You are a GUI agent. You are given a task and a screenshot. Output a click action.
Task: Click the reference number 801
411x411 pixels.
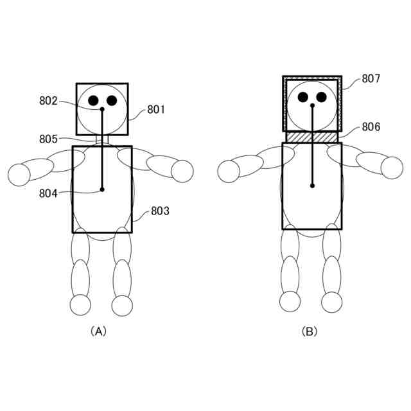[x=156, y=110]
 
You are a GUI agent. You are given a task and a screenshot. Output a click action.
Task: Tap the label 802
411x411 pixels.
[x=48, y=101]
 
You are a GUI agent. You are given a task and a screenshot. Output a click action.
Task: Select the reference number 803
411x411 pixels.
[x=160, y=211]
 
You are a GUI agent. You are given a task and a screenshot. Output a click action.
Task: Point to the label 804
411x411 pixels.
[x=48, y=192]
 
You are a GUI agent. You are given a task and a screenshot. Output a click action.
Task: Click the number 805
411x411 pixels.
[x=48, y=139]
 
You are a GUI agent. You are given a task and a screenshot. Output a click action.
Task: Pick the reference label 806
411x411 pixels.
[x=371, y=127]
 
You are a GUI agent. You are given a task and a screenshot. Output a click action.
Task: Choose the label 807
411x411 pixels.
[x=371, y=79]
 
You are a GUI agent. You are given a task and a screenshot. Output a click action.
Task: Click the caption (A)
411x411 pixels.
[x=98, y=331]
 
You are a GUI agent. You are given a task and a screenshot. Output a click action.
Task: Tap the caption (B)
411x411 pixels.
[x=310, y=331]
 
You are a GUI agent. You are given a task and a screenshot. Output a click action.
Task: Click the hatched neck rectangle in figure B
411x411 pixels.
[x=312, y=137]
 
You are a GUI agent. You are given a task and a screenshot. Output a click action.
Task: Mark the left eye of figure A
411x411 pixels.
[x=94, y=100]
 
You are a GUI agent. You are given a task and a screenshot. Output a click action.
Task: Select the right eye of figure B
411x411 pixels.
[x=322, y=97]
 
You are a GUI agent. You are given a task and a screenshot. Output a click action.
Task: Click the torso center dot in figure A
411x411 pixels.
[x=102, y=189]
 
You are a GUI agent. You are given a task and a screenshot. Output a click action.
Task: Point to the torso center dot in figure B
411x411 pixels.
[x=312, y=186]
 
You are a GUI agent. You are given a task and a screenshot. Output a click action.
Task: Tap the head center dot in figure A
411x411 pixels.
[x=102, y=110]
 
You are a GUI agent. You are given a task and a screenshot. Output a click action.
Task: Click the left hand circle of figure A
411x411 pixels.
[x=19, y=174]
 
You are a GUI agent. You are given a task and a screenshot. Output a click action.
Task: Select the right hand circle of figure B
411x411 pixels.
[x=392, y=168]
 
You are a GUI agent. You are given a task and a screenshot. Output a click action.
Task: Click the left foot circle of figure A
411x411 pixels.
[x=81, y=305]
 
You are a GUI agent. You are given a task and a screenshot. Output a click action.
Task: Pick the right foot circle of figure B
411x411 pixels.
[x=332, y=302]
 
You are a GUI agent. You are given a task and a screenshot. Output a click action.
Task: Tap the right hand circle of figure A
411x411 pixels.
[x=182, y=171]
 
